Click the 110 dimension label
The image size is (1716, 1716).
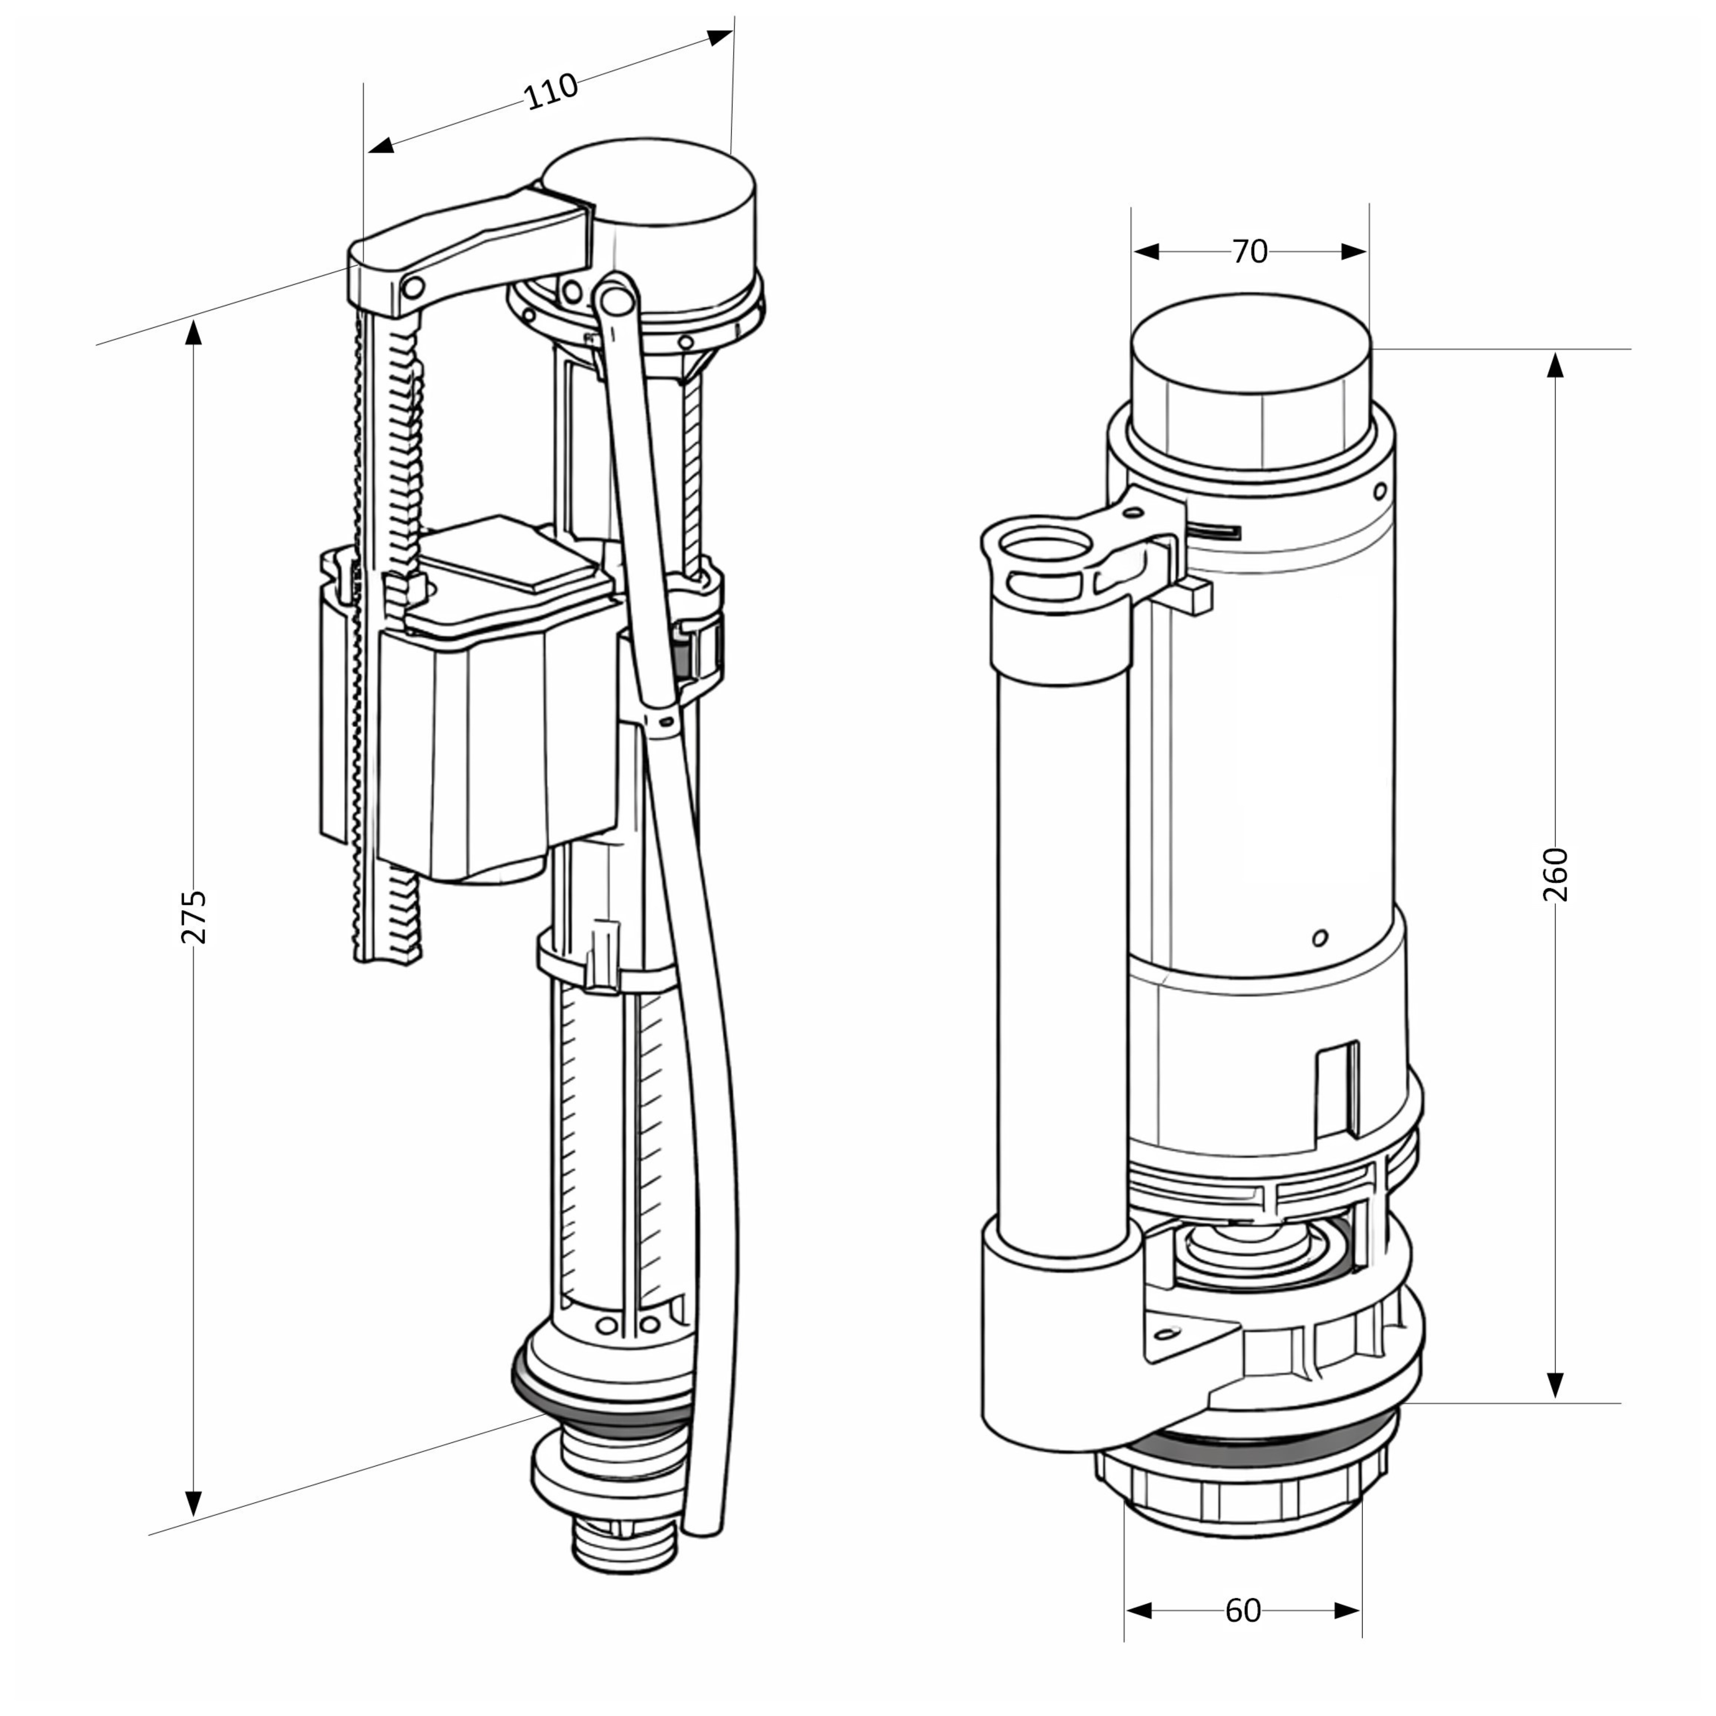(551, 91)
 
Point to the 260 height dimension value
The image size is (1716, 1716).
(1555, 875)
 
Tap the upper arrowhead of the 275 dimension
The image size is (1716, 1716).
(194, 333)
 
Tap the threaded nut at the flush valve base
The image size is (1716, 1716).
(1243, 1501)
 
